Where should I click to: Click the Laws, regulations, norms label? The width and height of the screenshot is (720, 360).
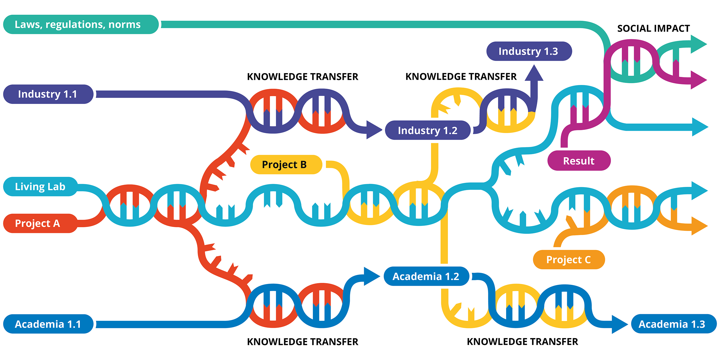pos(81,24)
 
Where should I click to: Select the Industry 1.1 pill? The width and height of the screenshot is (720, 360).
pos(48,94)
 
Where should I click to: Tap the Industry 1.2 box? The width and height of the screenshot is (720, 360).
pos(428,130)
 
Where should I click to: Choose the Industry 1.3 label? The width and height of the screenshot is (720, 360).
pos(529,51)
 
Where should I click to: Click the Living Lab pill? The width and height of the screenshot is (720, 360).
pos(40,187)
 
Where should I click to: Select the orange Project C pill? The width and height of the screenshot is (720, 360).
pos(569,259)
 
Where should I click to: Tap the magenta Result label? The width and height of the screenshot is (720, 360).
pos(579,161)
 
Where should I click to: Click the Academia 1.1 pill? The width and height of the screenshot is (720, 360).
pos(48,324)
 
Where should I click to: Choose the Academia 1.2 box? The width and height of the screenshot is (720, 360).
pos(426,276)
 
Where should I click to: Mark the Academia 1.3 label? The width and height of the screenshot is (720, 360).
pos(673,324)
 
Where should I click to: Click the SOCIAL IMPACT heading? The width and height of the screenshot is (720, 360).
pos(653,29)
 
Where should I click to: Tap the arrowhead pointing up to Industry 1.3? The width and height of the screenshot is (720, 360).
pos(534,73)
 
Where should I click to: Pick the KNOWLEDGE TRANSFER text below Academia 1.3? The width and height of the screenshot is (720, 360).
pos(522,342)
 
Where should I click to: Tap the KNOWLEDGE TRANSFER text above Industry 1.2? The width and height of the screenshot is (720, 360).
pos(461,77)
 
